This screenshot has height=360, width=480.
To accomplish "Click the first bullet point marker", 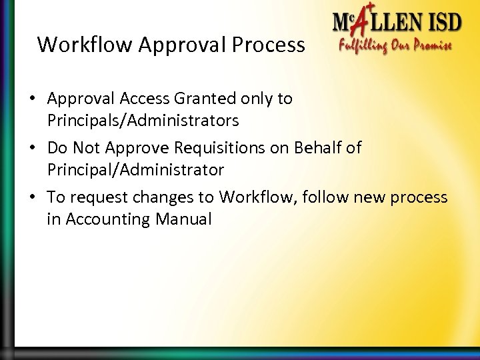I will pos(32,99).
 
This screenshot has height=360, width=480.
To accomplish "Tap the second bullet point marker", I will pos(32,149).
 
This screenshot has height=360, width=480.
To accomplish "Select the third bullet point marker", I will pos(32,198).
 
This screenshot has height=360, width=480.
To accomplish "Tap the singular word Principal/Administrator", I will pos(136,170).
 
